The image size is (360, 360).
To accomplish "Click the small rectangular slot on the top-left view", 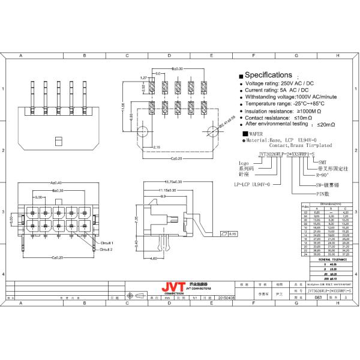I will tap(58, 142).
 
